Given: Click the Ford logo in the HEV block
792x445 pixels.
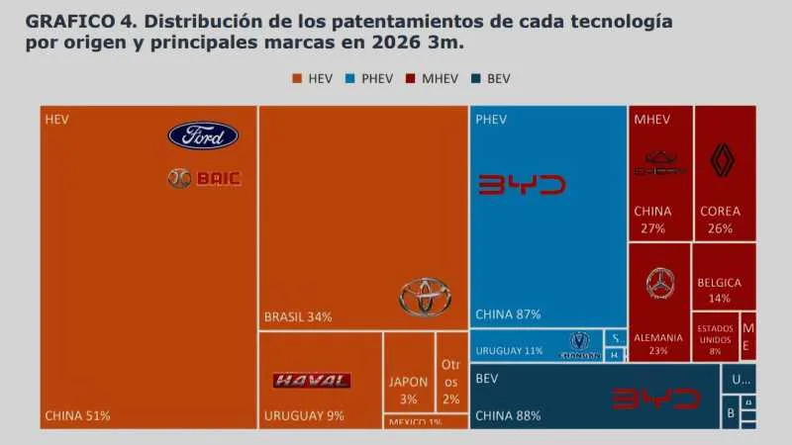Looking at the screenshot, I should [x=203, y=135].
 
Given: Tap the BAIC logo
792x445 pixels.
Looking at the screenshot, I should [x=205, y=178].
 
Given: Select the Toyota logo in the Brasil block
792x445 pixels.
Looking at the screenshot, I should [x=426, y=296].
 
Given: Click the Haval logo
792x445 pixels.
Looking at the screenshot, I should [x=311, y=381].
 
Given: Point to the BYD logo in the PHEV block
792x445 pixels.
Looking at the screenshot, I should [x=522, y=185].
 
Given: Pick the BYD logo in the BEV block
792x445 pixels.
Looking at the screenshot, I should [x=656, y=399].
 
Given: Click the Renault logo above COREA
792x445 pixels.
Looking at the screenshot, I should [x=725, y=159].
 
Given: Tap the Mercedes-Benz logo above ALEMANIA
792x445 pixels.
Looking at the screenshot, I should [x=660, y=285].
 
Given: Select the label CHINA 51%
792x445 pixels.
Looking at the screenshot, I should [x=78, y=415].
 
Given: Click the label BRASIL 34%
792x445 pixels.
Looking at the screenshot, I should [x=298, y=316].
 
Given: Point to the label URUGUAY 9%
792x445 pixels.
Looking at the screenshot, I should [x=304, y=415].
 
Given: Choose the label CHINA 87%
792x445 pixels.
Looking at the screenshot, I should [x=508, y=314].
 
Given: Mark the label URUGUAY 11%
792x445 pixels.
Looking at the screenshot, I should [x=509, y=351].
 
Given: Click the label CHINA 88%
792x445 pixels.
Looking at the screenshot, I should [x=508, y=415].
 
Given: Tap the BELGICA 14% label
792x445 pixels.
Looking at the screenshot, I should [x=719, y=290].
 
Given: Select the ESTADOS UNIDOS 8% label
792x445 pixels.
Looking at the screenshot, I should [x=715, y=338].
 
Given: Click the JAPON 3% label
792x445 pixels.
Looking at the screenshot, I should [x=409, y=391].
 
